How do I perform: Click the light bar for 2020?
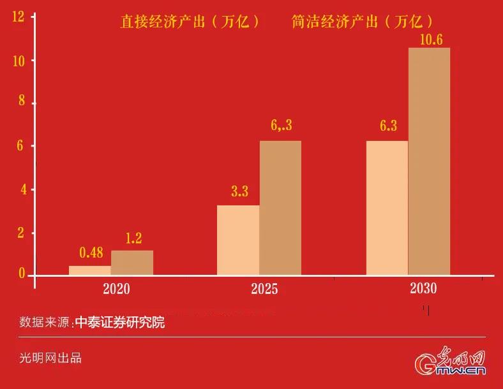pyautogui.click(x=90, y=270)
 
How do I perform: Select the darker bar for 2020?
pyautogui.click(x=132, y=263)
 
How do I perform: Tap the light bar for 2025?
pyautogui.click(x=238, y=240)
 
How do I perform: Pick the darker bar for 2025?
pyautogui.click(x=280, y=208)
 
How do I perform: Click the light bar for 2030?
pyautogui.click(x=387, y=208)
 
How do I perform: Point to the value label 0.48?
pyautogui.click(x=91, y=253)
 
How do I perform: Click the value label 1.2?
pyautogui.click(x=133, y=239)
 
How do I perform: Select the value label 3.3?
pyautogui.click(x=239, y=191)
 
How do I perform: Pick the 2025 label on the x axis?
pyautogui.click(x=264, y=289)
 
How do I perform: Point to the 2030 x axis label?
pyautogui.click(x=423, y=288)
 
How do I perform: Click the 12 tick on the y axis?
pyautogui.click(x=18, y=17)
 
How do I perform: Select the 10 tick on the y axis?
pyautogui.click(x=18, y=61)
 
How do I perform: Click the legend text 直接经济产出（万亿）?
pyautogui.click(x=191, y=22)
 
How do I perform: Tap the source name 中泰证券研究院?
pyautogui.click(x=119, y=323)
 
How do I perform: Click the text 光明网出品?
pyautogui.click(x=50, y=358)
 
